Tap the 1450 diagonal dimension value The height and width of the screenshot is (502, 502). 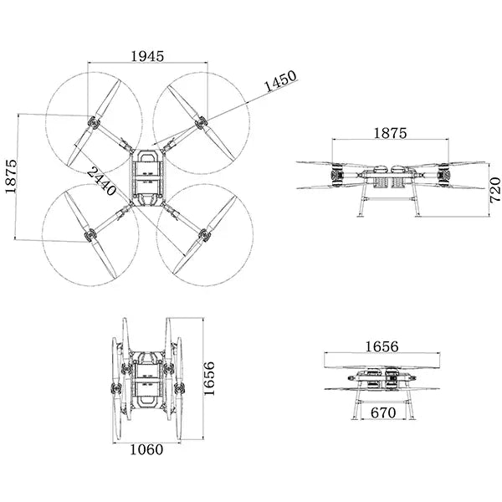pos(280,84)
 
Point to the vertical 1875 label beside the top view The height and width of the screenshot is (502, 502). pos(11,177)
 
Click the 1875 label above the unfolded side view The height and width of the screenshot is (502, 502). pos(389,133)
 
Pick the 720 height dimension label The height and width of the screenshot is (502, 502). pos(494,191)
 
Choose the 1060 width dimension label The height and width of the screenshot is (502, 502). pos(146,449)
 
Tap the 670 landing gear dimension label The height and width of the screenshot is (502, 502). pos(382,412)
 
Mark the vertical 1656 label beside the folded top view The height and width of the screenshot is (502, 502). pos(210,378)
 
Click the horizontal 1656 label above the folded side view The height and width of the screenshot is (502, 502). pos(382,346)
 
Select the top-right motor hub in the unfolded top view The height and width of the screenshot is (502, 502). pos(201,124)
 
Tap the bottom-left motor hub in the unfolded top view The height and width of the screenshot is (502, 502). pos(89,238)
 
